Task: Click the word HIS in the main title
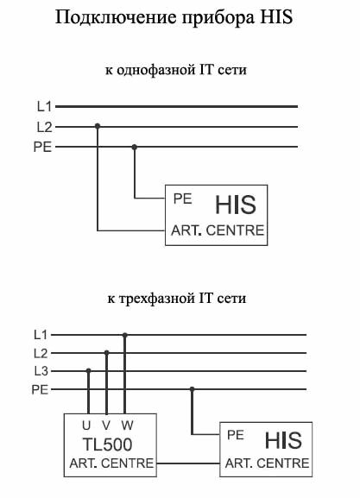point(276,17)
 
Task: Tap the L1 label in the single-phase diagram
point(44,106)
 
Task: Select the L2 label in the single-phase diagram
point(44,127)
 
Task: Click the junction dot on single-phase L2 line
point(98,126)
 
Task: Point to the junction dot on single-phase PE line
point(135,147)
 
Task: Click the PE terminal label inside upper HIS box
point(183,199)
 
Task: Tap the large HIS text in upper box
point(236,205)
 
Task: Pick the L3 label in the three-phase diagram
point(41,371)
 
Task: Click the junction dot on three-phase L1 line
point(125,335)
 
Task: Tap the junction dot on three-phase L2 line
point(107,353)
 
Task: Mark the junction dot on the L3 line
point(89,370)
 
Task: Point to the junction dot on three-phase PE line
point(192,389)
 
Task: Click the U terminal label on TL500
point(86,426)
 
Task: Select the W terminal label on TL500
point(127,426)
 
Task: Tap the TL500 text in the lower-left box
point(107,444)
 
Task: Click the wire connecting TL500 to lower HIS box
point(188,463)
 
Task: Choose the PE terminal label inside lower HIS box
point(236,435)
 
